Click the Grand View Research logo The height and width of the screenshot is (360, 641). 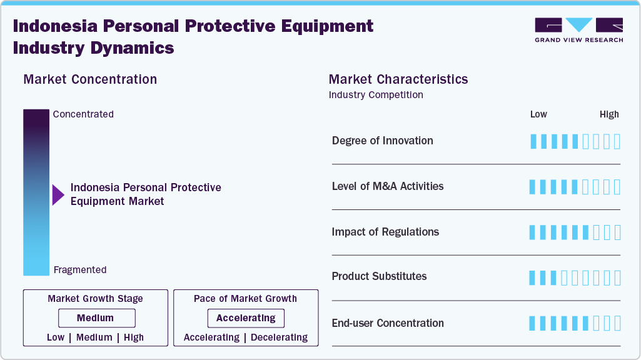coord(578,30)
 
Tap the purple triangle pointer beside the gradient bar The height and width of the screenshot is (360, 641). coord(58,195)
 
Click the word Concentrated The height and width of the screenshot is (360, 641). coord(83,114)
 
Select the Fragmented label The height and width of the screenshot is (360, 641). coord(80,270)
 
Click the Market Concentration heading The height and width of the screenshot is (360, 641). coord(90,79)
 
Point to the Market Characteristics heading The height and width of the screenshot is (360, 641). coord(398,79)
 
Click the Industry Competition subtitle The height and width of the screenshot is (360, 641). coord(375,95)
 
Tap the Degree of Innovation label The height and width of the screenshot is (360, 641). coord(382,141)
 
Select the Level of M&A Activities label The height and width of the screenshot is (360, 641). coord(387,186)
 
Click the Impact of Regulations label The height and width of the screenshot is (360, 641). coord(385,232)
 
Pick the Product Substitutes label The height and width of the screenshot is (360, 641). coord(379,276)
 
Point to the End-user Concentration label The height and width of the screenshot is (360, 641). coord(388,323)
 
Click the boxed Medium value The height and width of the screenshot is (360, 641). coord(96,318)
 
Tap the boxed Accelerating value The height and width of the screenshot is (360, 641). coord(246,318)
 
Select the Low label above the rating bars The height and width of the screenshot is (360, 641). coord(538,114)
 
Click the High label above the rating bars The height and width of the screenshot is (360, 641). coord(608,114)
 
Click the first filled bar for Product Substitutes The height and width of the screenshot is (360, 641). coord(533,278)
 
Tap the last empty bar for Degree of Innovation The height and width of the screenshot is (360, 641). coord(617,141)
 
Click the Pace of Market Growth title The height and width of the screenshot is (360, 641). coord(245,299)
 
